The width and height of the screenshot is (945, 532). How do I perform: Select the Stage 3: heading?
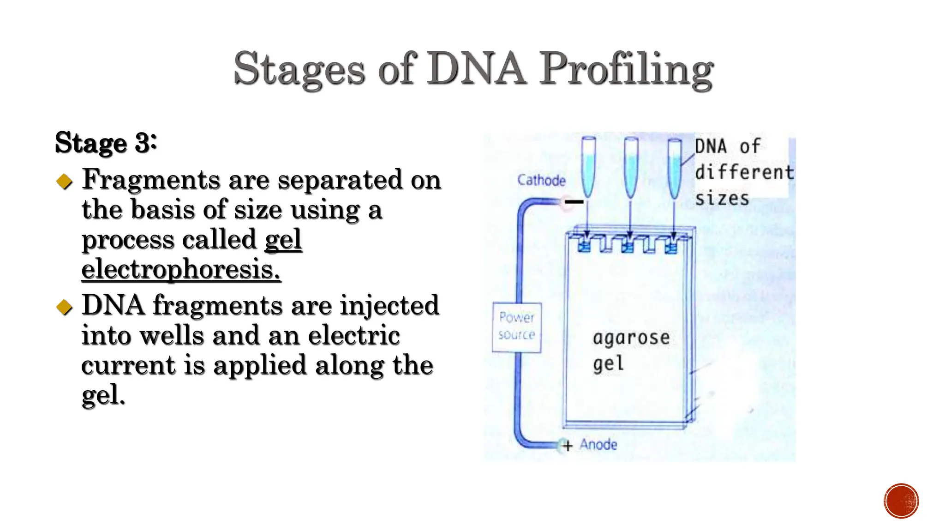(x=106, y=143)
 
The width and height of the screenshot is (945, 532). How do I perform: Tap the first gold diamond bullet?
(x=65, y=181)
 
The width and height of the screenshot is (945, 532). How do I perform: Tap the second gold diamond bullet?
(x=65, y=307)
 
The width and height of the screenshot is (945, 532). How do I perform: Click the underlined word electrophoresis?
(x=181, y=269)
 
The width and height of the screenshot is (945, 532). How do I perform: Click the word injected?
(x=389, y=305)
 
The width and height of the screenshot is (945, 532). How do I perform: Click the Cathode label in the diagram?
(x=541, y=180)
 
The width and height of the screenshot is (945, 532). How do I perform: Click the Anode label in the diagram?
(x=598, y=444)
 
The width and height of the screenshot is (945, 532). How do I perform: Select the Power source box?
(x=516, y=327)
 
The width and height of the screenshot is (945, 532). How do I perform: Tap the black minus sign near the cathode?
(x=574, y=202)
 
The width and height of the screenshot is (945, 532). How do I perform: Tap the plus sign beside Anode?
(x=568, y=446)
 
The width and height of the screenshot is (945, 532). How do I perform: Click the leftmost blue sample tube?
(x=588, y=166)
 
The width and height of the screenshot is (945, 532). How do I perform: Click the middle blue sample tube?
(x=631, y=166)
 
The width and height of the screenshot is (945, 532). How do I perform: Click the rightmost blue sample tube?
(x=674, y=166)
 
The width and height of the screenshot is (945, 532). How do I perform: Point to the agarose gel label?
(x=630, y=350)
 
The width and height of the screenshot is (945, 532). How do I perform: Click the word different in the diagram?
(x=744, y=172)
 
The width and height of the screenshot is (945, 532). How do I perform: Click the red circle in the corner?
(x=901, y=501)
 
